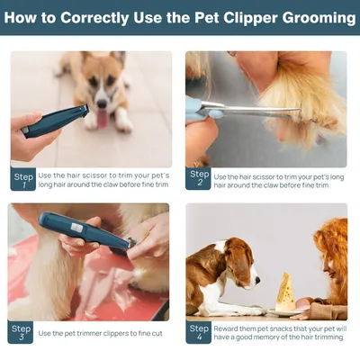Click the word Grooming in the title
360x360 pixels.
pyautogui.click(x=319, y=18)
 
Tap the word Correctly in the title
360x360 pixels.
pyautogui.click(x=94, y=18)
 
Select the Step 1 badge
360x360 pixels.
pyautogui.click(x=23, y=179)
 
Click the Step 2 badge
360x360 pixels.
pyautogui.click(x=198, y=178)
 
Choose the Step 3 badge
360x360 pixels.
pyautogui.click(x=21, y=332)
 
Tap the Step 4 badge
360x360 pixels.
pyautogui.click(x=199, y=332)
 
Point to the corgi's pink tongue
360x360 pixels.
pyautogui.click(x=103, y=118)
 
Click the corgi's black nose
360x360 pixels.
pyautogui.click(x=102, y=103)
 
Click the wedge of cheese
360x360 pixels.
pyautogui.click(x=285, y=292)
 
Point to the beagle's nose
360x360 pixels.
pyautogui.click(x=257, y=280)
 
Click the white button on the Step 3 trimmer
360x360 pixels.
pyautogui.click(x=76, y=229)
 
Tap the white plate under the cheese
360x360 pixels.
pyautogui.click(x=285, y=312)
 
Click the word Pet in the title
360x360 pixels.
pyautogui.click(x=207, y=18)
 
